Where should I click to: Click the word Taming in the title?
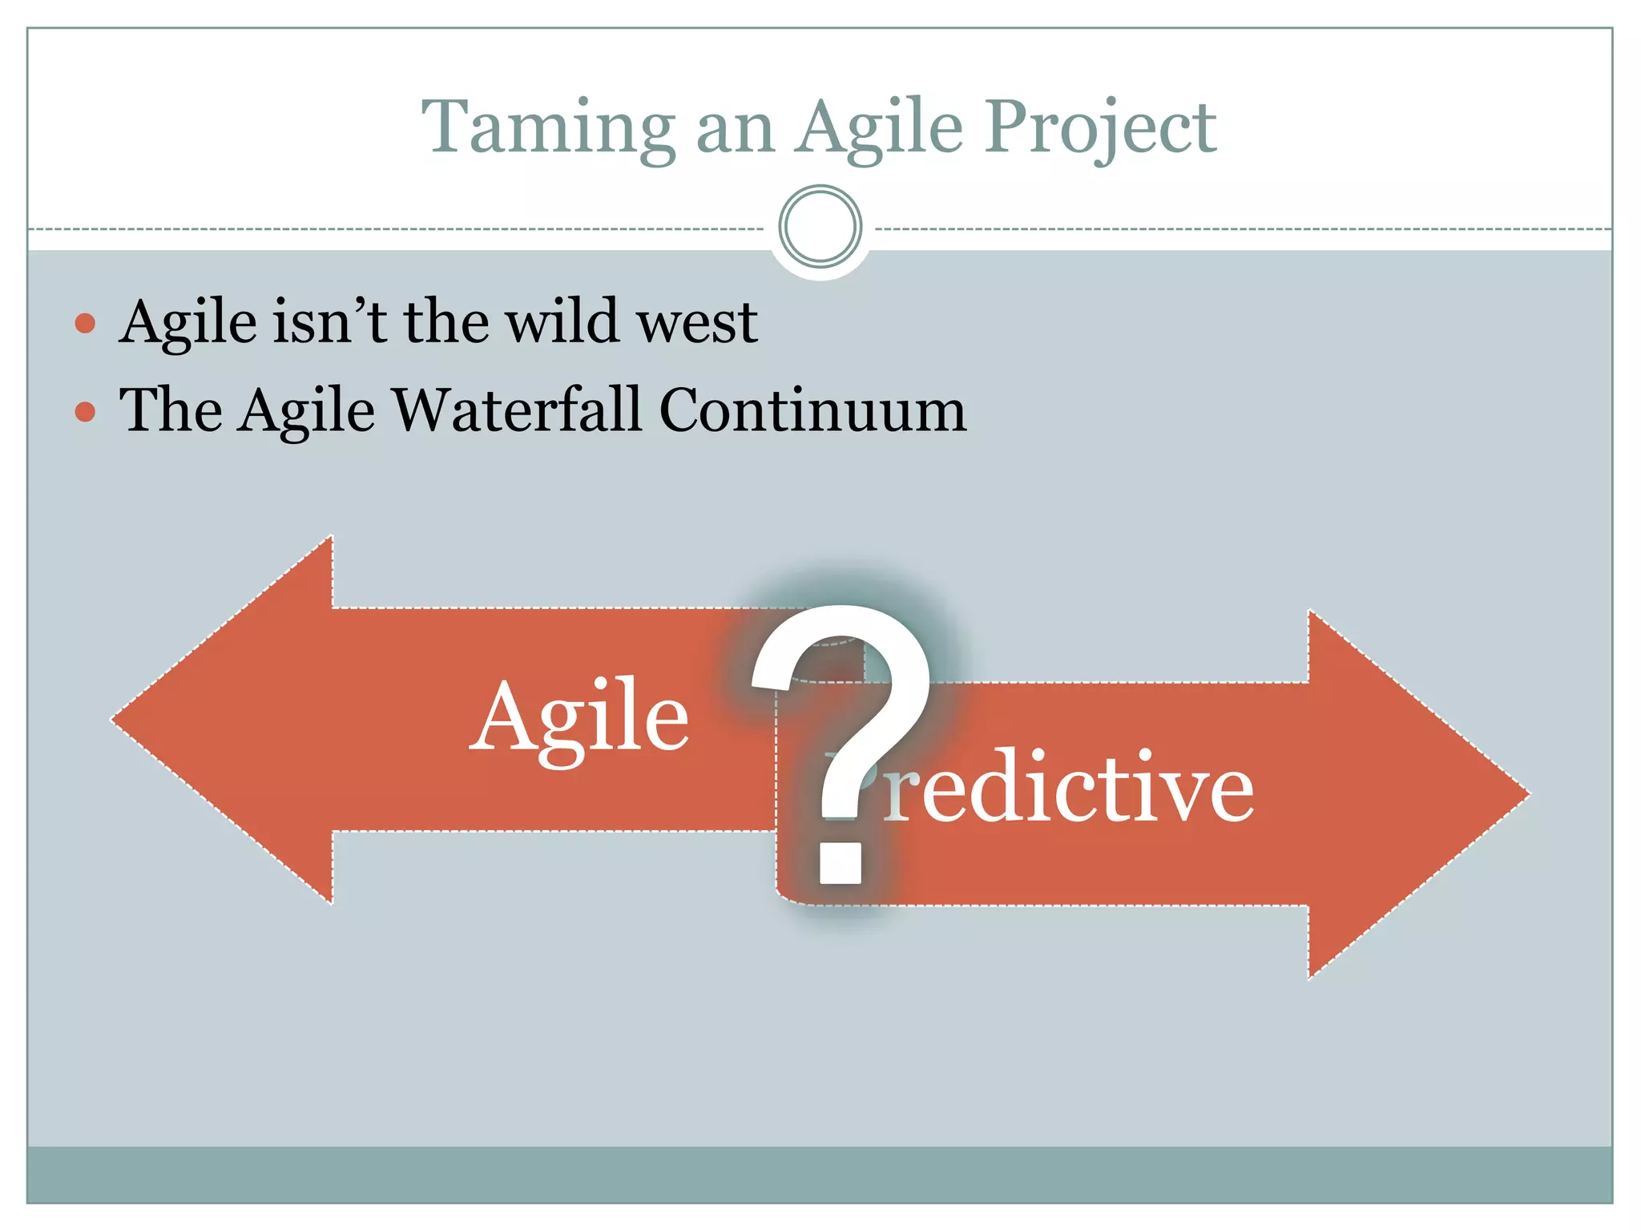point(549,128)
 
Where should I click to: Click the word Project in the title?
point(1101,128)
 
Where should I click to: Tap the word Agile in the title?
point(879,128)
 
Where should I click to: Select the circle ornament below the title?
point(820,227)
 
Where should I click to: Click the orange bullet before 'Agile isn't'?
point(85,323)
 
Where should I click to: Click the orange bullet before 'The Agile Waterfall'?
point(85,412)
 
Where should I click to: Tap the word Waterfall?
point(518,410)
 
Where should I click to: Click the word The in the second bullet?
point(171,410)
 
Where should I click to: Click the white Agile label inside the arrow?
point(579,717)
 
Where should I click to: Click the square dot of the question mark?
point(840,863)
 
